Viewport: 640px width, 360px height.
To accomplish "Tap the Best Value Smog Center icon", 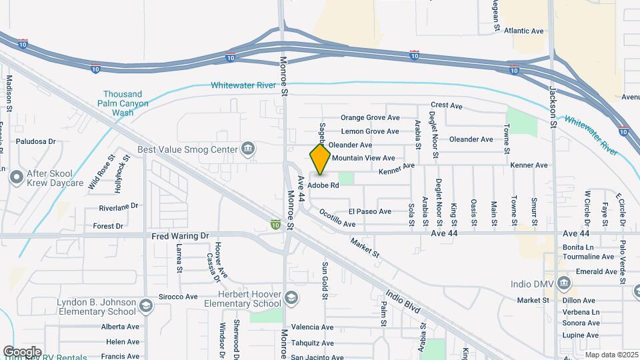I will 248,148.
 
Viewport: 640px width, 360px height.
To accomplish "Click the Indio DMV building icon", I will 565,283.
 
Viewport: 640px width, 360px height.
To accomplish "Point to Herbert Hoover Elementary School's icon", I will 291,297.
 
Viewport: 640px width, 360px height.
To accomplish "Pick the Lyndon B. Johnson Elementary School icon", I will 145,306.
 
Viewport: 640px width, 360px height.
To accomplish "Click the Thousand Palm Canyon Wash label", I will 123,103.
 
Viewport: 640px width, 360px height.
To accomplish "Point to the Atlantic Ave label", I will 523,31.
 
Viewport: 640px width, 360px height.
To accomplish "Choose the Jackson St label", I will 553,106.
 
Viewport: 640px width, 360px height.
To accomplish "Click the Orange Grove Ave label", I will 370,117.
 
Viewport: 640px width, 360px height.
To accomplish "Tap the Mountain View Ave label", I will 363,158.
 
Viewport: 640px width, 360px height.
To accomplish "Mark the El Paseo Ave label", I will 369,211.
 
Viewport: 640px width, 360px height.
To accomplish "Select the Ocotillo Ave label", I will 337,219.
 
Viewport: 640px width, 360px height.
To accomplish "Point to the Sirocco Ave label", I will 177,297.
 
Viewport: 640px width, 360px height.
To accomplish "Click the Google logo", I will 22,351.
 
